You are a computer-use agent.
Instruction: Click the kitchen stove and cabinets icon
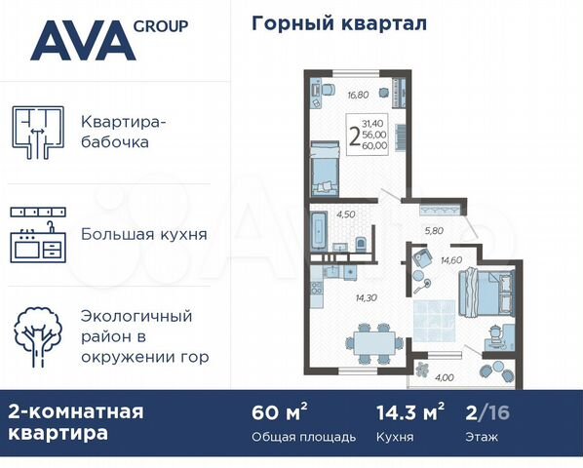[x=37, y=235]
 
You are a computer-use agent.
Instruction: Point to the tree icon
[x=37, y=337]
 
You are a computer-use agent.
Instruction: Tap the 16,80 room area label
[x=331, y=96]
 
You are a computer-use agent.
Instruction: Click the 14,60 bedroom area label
[x=451, y=260]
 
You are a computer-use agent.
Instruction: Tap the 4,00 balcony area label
[x=445, y=377]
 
